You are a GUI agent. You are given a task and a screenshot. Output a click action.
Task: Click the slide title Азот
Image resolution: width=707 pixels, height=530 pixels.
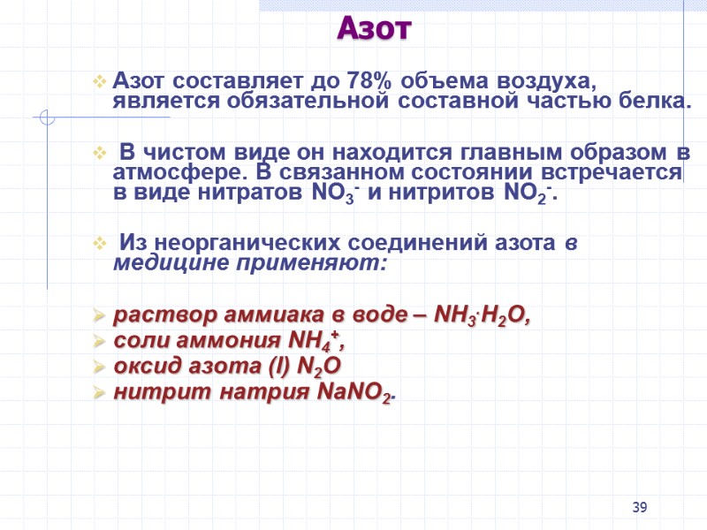(x=374, y=29)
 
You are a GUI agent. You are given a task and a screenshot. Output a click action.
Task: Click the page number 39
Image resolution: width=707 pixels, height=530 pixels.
(x=640, y=506)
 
